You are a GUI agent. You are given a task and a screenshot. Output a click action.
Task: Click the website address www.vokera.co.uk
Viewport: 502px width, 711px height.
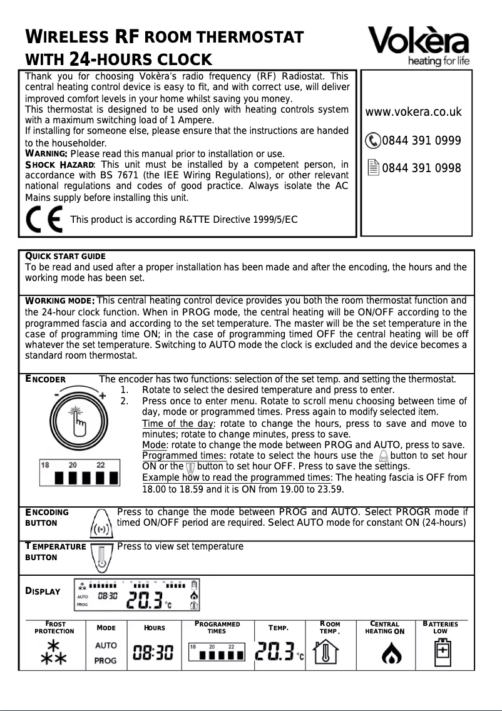pyautogui.click(x=413, y=113)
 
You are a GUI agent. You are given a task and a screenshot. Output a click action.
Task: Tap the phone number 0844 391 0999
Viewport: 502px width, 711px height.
pyautogui.click(x=421, y=140)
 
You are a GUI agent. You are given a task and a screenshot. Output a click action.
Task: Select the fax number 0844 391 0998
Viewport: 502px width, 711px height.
pyautogui.click(x=421, y=168)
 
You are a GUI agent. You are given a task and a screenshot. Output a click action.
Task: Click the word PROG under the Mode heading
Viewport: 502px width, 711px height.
pyautogui.click(x=105, y=660)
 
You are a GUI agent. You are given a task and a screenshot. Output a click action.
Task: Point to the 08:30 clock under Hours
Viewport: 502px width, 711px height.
pyautogui.click(x=153, y=653)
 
